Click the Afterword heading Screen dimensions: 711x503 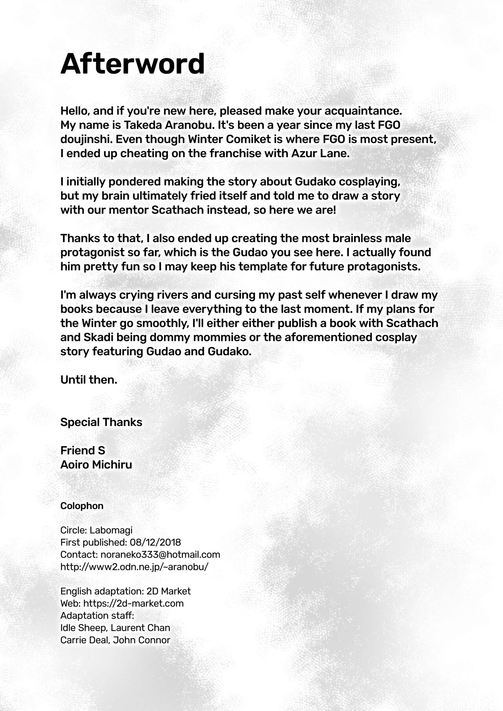132,64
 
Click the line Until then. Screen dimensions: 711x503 89,380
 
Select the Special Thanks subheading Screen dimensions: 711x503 101,422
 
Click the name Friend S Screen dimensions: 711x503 83,451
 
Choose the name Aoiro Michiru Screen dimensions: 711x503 96,465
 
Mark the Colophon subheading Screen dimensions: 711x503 82,506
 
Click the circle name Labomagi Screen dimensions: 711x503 111,530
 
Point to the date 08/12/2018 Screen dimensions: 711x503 155,543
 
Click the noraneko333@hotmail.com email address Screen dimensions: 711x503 160,555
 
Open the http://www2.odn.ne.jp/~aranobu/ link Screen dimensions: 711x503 134,567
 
